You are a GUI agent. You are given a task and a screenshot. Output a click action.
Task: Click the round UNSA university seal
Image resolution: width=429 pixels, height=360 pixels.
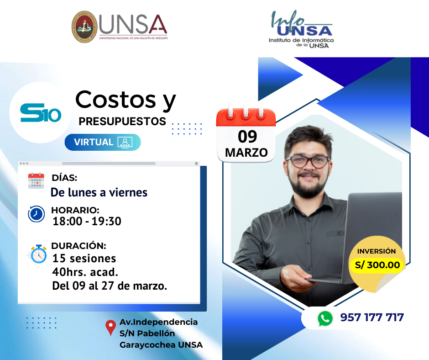[x=84, y=27]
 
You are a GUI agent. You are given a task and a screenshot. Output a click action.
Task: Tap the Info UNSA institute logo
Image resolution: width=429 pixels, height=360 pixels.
[x=301, y=29]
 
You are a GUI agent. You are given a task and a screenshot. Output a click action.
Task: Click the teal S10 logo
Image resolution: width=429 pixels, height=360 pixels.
[x=41, y=112]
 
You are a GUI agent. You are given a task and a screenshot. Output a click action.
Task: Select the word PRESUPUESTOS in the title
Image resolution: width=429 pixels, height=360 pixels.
[x=122, y=122]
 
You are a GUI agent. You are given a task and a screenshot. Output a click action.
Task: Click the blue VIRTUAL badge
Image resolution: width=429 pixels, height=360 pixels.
[x=103, y=142]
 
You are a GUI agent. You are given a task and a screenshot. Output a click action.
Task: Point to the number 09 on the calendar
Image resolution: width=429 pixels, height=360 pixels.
[x=247, y=137]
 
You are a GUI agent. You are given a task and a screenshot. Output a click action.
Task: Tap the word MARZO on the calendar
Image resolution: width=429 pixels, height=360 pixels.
[x=246, y=153]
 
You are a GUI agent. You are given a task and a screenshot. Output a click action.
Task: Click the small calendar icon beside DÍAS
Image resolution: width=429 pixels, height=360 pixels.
[x=36, y=181]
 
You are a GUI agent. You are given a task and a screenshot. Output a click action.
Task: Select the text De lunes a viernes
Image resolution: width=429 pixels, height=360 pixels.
[x=99, y=192]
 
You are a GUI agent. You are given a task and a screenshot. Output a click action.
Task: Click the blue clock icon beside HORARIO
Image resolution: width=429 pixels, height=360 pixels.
[x=36, y=214]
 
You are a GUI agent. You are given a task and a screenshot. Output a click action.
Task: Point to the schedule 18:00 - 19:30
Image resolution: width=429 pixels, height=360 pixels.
[x=87, y=222]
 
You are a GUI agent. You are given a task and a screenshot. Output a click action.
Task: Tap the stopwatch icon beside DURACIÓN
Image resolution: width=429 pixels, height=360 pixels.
[x=38, y=254]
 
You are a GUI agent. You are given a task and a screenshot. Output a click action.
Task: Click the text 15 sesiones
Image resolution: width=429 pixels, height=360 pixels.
[x=84, y=259]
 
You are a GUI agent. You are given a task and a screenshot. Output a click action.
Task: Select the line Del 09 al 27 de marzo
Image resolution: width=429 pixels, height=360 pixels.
[x=110, y=286]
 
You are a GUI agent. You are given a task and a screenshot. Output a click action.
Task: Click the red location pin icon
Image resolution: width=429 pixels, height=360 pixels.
[x=110, y=328]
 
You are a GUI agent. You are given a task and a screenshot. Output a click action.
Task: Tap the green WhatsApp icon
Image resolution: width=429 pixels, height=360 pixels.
[x=325, y=318]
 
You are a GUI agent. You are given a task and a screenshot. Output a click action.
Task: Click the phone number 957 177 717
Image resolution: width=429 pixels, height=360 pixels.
[x=372, y=318]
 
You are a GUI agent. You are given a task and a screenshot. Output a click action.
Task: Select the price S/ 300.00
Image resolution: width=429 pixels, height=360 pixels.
[x=377, y=265]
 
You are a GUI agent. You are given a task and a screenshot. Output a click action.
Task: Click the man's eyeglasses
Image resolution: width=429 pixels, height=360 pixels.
[x=308, y=161]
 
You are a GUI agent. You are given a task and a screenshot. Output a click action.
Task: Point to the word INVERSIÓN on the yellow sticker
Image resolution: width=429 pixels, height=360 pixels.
[x=377, y=251]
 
